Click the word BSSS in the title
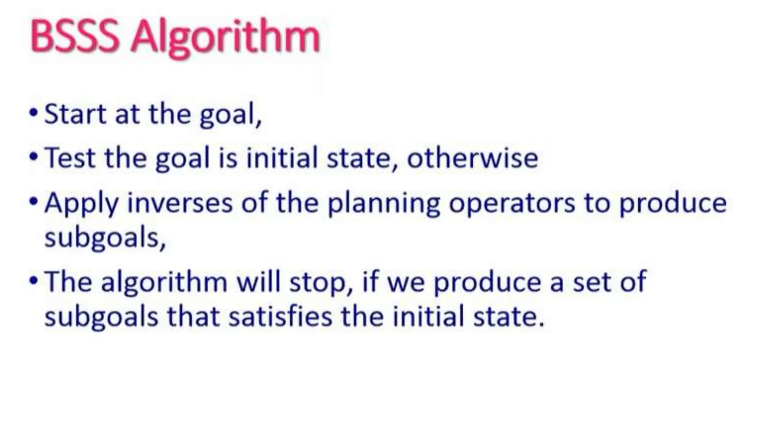tap(75, 37)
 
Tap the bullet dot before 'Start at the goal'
tap(34, 113)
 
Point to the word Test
tap(70, 158)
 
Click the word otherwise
tap(472, 158)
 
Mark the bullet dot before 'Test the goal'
tap(34, 157)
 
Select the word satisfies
tap(280, 316)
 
